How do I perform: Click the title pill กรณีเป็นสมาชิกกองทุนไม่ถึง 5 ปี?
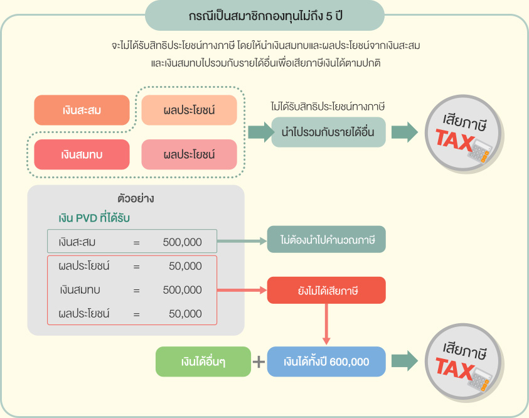264,15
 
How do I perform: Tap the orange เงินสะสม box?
82,110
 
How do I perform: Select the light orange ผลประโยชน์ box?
189,110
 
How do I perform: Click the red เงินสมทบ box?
82,154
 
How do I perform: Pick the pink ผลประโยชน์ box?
189,154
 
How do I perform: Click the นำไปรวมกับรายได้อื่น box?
328,132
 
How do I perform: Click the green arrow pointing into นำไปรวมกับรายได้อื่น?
257,132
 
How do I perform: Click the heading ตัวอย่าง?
136,199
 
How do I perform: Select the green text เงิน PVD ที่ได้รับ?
94,218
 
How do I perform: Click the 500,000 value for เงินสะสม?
182,242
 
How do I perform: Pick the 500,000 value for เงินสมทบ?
182,290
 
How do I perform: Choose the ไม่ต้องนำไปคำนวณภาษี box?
326,240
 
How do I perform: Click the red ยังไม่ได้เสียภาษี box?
326,291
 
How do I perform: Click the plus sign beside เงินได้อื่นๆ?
259,362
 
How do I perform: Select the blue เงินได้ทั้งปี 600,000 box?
326,362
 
